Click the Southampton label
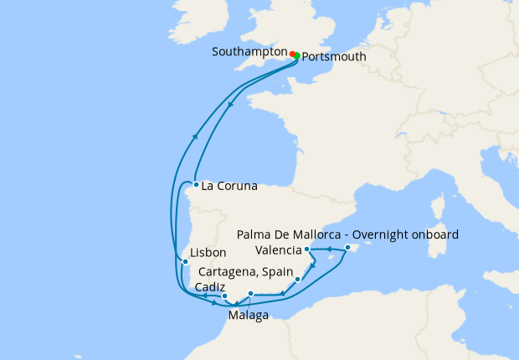(249, 51)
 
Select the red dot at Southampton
(292, 54)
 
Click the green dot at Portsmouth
(297, 56)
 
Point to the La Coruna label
(229, 186)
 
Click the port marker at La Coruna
(195, 184)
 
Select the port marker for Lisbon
(185, 261)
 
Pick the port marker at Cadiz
(224, 296)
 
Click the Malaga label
(249, 316)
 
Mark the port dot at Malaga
(250, 294)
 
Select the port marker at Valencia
(307, 249)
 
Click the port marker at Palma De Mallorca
(347, 248)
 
